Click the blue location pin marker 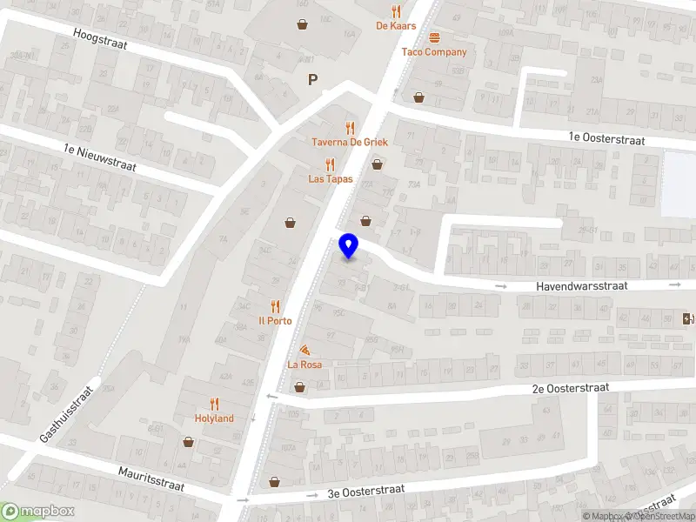point(349,246)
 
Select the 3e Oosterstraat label point(365,492)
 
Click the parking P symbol point(312,80)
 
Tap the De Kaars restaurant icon point(397,11)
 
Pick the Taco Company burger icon point(434,37)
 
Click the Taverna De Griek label point(350,142)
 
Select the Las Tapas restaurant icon point(330,164)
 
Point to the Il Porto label point(275,320)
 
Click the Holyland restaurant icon point(214,404)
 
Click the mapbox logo point(37,512)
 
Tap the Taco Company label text point(434,52)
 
